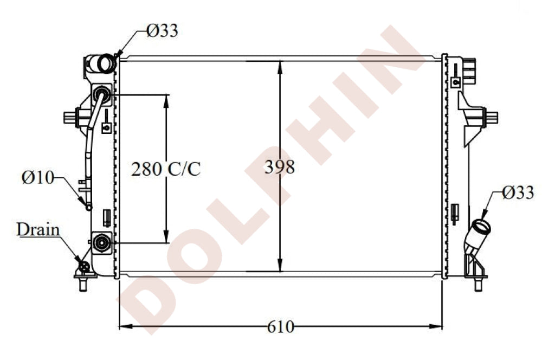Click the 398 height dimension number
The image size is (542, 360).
tap(279, 168)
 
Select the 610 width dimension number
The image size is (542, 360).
tap(280, 327)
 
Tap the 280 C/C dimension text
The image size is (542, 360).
tap(166, 169)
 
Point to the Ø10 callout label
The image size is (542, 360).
tap(38, 177)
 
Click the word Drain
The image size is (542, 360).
tap(37, 229)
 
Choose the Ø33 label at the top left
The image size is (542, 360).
tap(162, 31)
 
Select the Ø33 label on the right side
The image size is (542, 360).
tap(518, 192)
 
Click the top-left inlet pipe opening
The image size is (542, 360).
tap(104, 64)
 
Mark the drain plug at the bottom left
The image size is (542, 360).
tap(84, 266)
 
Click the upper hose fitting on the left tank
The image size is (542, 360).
tap(101, 96)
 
